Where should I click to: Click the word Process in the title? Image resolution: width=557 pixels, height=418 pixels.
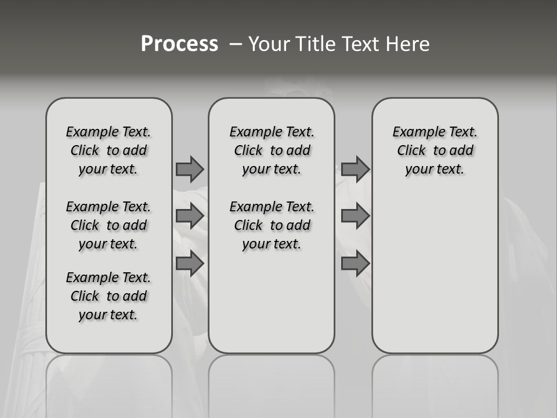(x=179, y=44)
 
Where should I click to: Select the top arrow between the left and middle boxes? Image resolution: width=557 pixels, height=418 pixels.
(x=190, y=169)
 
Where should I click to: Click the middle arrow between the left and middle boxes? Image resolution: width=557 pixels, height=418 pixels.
(x=190, y=216)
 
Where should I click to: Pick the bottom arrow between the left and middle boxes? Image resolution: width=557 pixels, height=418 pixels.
(x=190, y=264)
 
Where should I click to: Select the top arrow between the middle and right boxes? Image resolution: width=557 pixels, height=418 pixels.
(x=355, y=169)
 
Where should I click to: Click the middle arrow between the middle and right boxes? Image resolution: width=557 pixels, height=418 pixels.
(x=355, y=216)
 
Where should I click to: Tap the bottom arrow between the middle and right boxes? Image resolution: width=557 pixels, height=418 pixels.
(x=355, y=264)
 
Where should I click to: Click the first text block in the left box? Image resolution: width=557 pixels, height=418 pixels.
(x=108, y=150)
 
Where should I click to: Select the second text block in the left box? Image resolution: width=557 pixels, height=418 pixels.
(x=108, y=225)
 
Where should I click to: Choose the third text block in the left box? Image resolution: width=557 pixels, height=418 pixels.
(x=108, y=296)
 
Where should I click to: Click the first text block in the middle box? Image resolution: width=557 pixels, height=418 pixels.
(x=272, y=150)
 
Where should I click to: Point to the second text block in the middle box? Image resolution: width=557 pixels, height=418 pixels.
(x=272, y=225)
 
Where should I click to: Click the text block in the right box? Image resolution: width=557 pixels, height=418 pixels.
(x=435, y=150)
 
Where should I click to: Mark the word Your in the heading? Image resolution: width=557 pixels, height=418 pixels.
(x=269, y=44)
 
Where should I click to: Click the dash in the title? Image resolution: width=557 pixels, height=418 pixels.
(x=236, y=44)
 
